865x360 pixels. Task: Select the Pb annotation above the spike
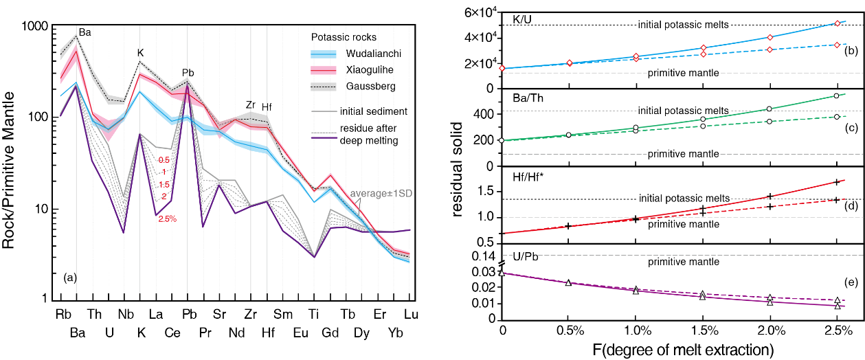tap(188, 73)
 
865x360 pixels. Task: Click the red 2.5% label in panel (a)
tap(167, 219)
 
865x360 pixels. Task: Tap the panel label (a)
tap(69, 278)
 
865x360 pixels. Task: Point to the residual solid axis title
tap(460, 165)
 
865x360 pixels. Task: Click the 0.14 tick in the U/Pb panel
tap(486, 256)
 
